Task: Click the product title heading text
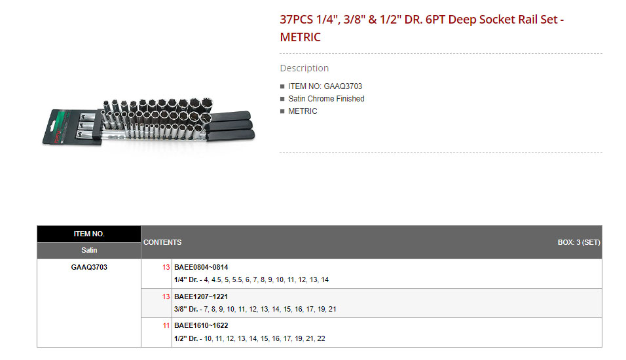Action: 422,28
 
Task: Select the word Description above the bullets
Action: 304,68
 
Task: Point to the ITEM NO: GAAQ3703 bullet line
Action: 325,86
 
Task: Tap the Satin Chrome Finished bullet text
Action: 326,99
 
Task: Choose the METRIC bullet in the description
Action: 303,111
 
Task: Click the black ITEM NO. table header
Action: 89,234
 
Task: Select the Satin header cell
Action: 89,250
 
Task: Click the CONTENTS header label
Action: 162,242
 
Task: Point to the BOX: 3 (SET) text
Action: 579,242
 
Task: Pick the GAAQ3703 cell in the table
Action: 89,267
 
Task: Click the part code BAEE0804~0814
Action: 201,267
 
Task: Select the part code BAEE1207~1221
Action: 201,297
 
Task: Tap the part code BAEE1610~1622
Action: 201,325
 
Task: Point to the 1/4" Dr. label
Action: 187,279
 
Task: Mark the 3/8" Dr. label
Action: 187,309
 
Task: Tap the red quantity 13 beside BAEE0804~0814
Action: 166,267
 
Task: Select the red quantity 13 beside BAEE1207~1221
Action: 166,297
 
